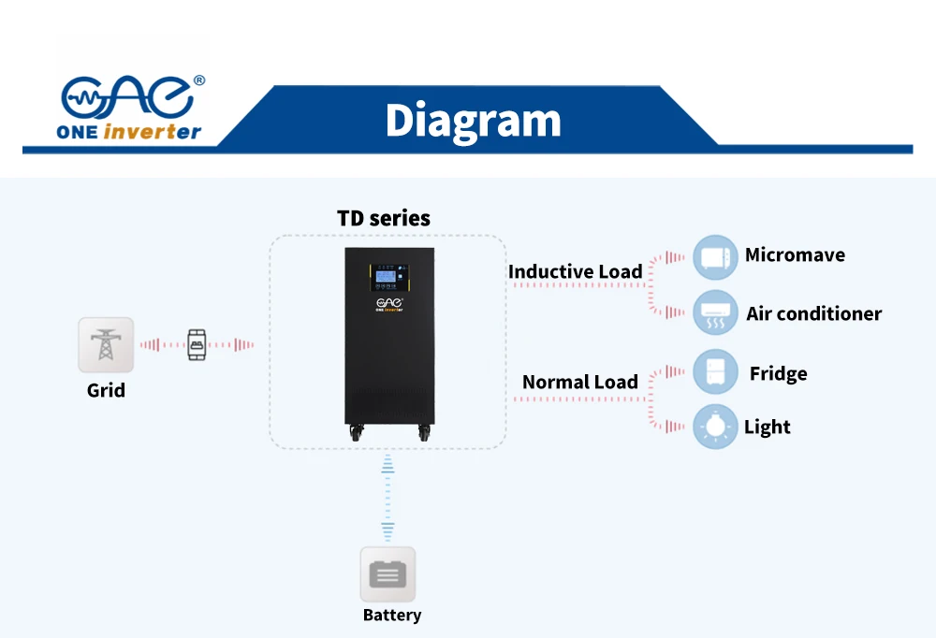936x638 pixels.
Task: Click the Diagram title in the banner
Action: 473,121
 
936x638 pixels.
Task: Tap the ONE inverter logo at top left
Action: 130,109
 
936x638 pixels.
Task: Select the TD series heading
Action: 384,218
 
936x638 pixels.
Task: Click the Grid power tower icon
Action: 106,344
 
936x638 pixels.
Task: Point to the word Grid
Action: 106,390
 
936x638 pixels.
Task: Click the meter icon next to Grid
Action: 197,345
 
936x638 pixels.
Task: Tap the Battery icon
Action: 388,574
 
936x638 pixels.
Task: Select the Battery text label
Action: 392,616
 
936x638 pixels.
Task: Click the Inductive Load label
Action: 575,272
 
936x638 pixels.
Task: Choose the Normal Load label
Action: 579,382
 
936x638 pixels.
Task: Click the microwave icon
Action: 715,257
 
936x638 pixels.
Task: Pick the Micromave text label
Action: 795,255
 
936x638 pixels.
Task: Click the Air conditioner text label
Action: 813,314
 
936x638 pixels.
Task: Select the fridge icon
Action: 715,372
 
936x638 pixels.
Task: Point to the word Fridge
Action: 778,374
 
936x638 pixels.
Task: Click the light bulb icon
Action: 715,427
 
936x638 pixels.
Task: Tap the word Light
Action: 767,428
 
